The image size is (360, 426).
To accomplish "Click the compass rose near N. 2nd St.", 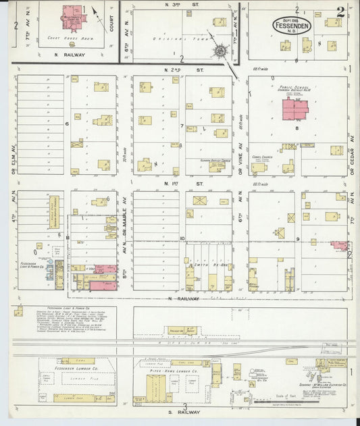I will point(220,51).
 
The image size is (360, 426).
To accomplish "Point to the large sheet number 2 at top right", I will point(341,11).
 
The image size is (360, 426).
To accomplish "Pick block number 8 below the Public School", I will point(296,127).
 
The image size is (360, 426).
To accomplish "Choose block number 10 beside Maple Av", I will point(182,238).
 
